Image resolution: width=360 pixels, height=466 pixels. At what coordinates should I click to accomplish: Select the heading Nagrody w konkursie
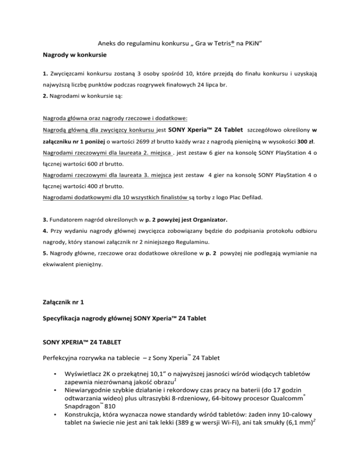(75, 55)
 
